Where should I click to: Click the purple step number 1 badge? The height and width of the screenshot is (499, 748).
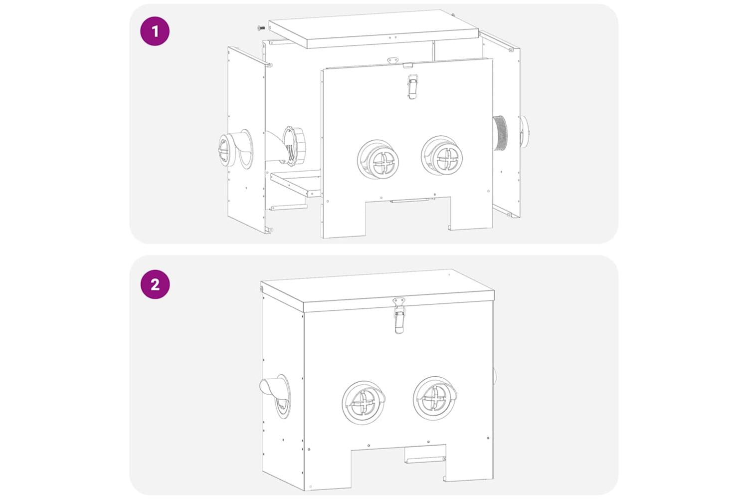pos(155,31)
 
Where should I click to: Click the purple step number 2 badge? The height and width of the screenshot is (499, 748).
pos(155,284)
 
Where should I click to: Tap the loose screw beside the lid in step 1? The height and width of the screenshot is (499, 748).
pos(261,28)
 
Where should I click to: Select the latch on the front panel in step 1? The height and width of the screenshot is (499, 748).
pos(413,86)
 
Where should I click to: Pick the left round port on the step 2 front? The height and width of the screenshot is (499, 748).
pos(364,402)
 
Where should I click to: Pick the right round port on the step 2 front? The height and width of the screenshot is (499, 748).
pos(435,398)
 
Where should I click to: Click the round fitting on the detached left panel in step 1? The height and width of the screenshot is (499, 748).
pos(235,149)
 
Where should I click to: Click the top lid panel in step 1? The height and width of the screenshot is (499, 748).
pos(374,29)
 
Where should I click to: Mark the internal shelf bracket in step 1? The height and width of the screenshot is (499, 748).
pos(296,183)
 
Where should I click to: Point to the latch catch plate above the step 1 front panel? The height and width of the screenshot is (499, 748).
pos(393,60)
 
